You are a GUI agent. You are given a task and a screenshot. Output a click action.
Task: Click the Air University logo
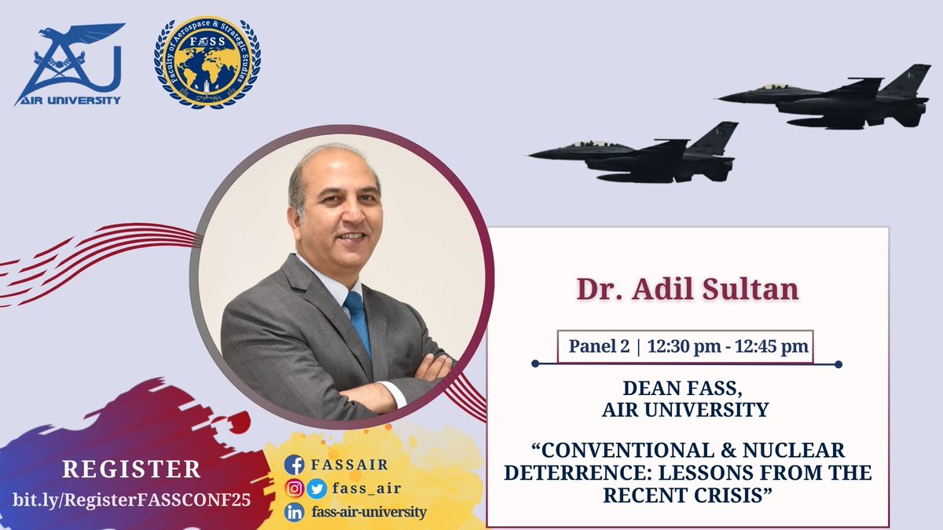click(68, 64)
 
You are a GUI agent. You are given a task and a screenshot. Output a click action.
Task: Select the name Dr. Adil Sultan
click(687, 289)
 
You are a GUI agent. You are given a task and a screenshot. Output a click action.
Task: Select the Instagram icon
click(294, 488)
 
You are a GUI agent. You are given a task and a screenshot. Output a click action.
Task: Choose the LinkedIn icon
click(294, 513)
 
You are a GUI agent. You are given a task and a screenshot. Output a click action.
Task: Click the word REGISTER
click(132, 470)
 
